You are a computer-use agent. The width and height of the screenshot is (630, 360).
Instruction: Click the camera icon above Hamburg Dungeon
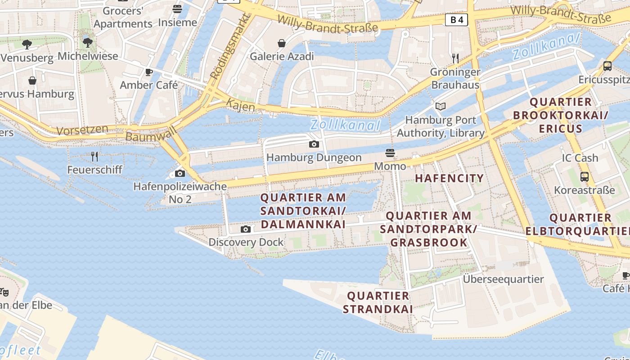(314, 144)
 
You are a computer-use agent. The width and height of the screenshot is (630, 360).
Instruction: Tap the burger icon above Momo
(390, 153)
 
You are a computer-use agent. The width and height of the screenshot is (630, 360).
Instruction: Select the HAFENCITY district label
(449, 178)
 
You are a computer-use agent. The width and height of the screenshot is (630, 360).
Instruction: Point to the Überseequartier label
(504, 279)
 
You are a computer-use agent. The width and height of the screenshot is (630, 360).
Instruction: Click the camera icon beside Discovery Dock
(246, 229)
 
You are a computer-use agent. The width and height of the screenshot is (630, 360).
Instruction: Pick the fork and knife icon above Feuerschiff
(94, 157)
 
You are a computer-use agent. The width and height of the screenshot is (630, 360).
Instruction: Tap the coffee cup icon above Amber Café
(149, 72)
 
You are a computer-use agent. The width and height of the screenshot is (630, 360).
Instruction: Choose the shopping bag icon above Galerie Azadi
(282, 43)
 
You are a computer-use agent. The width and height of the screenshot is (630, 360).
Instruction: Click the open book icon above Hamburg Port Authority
(441, 107)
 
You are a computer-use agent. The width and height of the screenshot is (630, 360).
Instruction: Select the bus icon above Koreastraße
(585, 177)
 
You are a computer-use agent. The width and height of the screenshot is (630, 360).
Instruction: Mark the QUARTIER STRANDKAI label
(378, 302)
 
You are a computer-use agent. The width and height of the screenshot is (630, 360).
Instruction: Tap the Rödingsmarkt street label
(230, 47)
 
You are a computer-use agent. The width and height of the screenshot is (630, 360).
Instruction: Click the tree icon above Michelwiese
(88, 43)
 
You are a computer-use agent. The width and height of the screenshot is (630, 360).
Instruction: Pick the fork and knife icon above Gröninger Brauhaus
(455, 58)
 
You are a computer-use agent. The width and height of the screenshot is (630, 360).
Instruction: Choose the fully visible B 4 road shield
(456, 20)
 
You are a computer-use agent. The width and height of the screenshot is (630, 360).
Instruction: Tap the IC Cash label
(580, 158)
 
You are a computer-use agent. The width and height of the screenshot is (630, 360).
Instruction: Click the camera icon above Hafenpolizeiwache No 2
(180, 173)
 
